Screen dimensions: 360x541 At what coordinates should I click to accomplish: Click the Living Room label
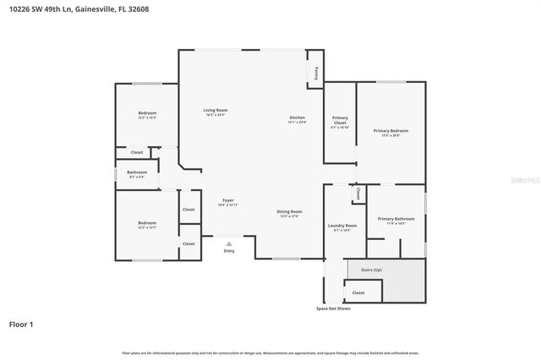(216, 111)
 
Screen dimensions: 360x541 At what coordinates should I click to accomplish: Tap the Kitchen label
(297, 117)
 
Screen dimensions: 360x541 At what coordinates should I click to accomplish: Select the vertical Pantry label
(316, 72)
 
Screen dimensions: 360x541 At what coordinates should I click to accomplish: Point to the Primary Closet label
(340, 120)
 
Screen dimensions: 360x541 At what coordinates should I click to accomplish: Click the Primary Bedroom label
(391, 131)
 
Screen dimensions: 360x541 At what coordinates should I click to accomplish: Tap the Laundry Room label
(342, 226)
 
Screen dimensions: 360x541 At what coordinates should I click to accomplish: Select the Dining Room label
(289, 211)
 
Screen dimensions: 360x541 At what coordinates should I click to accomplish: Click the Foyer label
(228, 200)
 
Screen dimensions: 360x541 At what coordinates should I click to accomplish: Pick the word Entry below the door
(228, 251)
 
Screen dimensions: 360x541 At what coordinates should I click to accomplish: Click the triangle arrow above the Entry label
(228, 243)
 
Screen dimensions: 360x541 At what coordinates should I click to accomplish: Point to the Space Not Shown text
(333, 308)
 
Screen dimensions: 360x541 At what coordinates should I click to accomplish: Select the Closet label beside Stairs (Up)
(358, 292)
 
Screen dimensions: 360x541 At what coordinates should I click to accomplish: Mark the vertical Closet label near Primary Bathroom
(358, 194)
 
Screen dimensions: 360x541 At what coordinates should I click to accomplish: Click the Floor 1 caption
(22, 324)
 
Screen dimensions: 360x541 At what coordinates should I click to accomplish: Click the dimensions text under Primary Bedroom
(391, 136)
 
